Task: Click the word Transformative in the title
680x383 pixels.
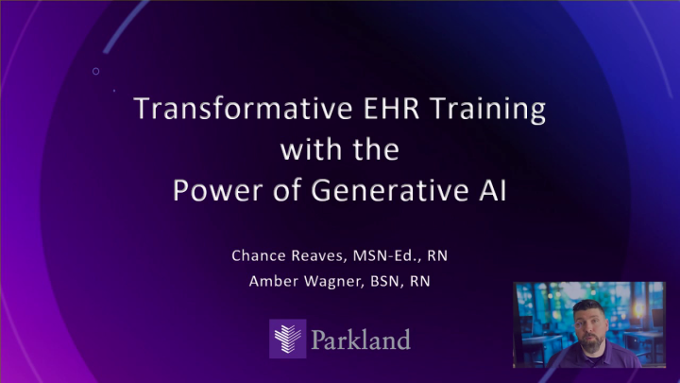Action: pos(223,111)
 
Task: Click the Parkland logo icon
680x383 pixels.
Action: pos(287,337)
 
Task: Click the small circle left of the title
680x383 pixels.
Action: pos(95,72)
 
